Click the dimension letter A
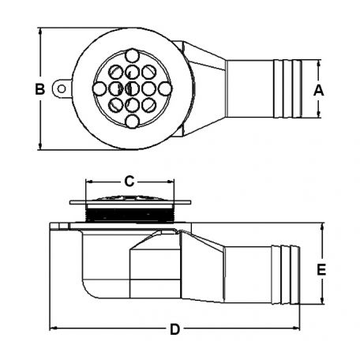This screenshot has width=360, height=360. click(318, 90)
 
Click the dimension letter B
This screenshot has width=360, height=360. click(40, 89)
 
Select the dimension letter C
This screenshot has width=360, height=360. click(129, 182)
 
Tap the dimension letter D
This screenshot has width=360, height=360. click(174, 329)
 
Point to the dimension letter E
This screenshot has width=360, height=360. click(321, 270)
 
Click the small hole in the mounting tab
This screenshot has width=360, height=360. click(62, 89)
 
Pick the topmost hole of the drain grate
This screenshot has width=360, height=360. click(132, 56)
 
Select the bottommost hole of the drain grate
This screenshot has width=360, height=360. click(133, 122)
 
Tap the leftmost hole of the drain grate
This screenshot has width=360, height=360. click(99, 88)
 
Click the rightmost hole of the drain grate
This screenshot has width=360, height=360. click(165, 88)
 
